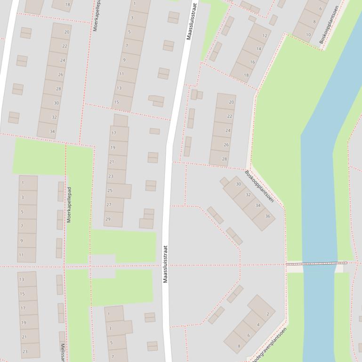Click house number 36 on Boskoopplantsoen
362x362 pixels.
click(267, 216)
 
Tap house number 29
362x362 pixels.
click(108, 219)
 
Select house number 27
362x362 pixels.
click(109, 205)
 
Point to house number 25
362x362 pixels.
click(110, 190)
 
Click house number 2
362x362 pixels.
click(267, 314)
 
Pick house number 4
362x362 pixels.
click(258, 325)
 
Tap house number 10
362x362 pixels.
click(308, 35)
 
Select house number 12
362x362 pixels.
click(265, 36)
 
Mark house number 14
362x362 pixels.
click(258, 49)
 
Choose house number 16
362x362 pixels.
click(252, 62)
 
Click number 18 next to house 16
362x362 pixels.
click(246, 75)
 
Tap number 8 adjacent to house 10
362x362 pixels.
click(314, 22)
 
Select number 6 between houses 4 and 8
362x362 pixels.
click(249, 335)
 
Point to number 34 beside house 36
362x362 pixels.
click(258, 205)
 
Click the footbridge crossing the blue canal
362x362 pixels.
click(316, 263)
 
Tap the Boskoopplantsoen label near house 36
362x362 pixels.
click(259, 186)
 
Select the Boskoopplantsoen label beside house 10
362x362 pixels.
click(329, 24)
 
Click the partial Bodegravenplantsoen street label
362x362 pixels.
click(269, 345)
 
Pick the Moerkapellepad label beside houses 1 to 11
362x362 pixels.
click(69, 205)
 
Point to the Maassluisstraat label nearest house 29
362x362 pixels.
click(165, 264)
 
